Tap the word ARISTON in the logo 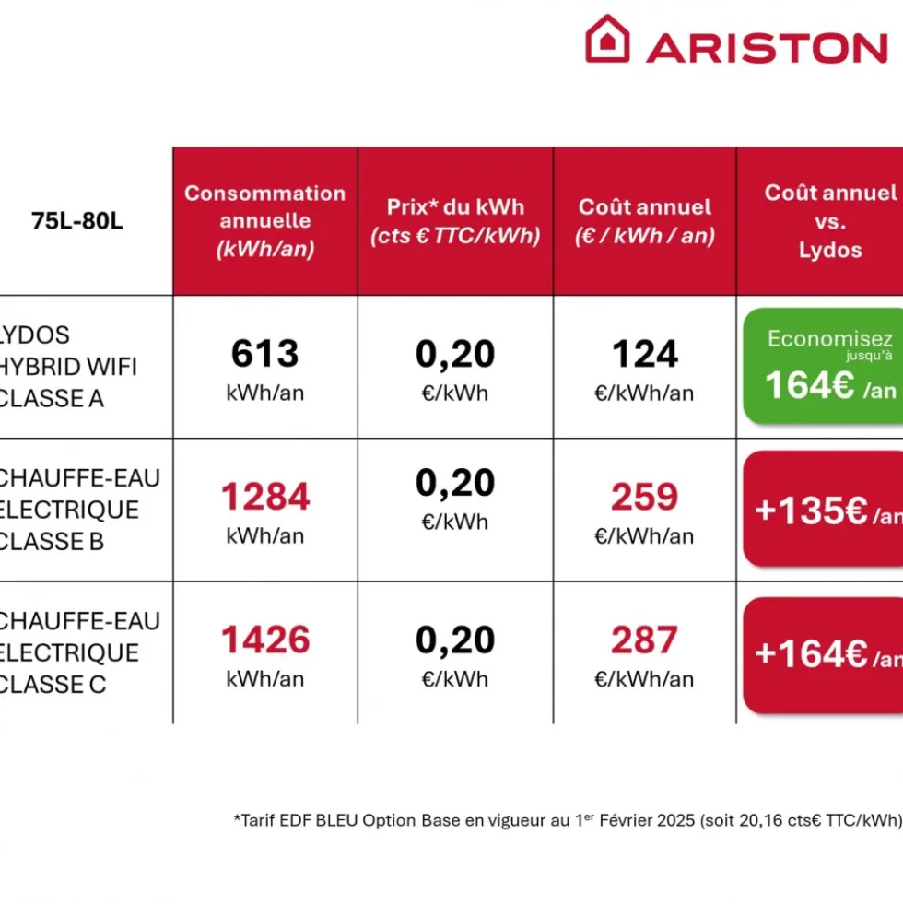pyautogui.click(x=767, y=47)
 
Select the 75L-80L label pyautogui.click(x=77, y=221)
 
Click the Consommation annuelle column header pyautogui.click(x=265, y=221)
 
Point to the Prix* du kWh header pyautogui.click(x=455, y=221)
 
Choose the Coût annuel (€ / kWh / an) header pyautogui.click(x=645, y=221)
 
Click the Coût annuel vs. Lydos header pyautogui.click(x=830, y=221)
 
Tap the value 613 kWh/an pyautogui.click(x=265, y=369)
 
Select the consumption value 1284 pyautogui.click(x=265, y=497)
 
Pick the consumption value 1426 pyautogui.click(x=265, y=640)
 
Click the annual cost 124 pyautogui.click(x=645, y=354)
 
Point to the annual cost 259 pyautogui.click(x=645, y=497)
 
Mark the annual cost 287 pyautogui.click(x=645, y=640)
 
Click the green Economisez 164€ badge pyautogui.click(x=824, y=367)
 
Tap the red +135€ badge pyautogui.click(x=824, y=509)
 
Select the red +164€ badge pyautogui.click(x=824, y=655)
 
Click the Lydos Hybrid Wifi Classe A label pyautogui.click(x=68, y=367)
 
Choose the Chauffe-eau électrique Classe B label pyautogui.click(x=79, y=510)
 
